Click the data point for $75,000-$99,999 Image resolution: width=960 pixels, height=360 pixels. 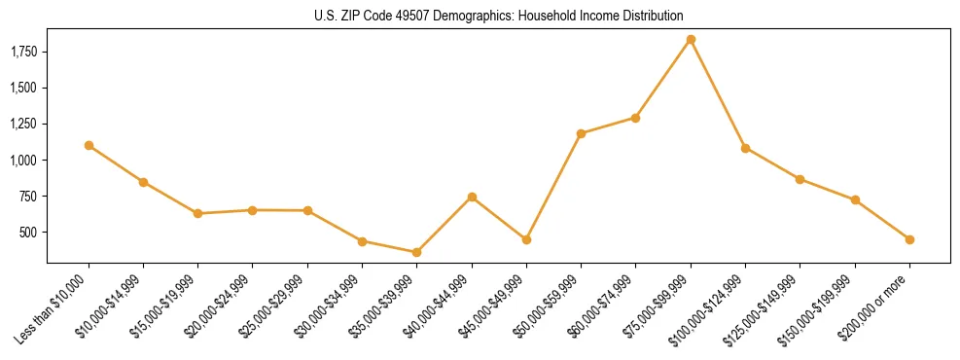(691, 40)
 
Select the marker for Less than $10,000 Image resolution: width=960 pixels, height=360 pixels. (89, 145)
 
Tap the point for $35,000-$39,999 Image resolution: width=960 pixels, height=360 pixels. (417, 252)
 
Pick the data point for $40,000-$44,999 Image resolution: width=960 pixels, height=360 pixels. (472, 197)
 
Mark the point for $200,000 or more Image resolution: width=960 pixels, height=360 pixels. (909, 239)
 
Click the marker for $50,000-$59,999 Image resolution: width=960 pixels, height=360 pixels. (581, 133)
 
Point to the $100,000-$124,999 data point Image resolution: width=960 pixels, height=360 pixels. (745, 148)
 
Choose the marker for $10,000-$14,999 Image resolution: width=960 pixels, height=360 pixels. (143, 182)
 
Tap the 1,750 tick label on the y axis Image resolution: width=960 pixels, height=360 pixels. (23, 52)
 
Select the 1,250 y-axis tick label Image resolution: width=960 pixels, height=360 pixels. (23, 124)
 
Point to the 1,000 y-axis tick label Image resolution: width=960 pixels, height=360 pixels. (23, 160)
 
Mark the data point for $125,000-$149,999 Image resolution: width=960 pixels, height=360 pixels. (800, 179)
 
